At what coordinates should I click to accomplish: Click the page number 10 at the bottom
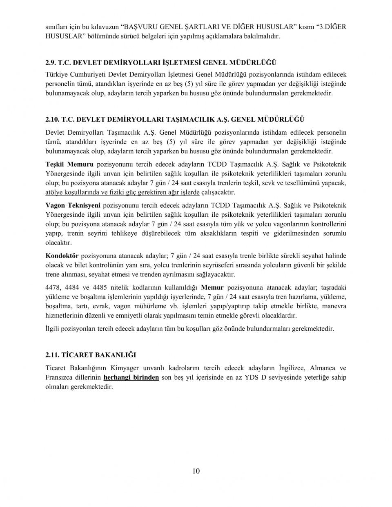(196, 471)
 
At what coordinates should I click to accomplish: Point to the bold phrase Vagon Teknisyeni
(73, 205)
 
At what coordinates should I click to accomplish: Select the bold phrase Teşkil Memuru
(69, 165)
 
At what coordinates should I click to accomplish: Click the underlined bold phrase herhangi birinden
(131, 377)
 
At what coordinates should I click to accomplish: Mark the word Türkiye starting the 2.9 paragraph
(57, 74)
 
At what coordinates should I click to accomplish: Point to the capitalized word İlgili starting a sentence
(53, 329)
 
